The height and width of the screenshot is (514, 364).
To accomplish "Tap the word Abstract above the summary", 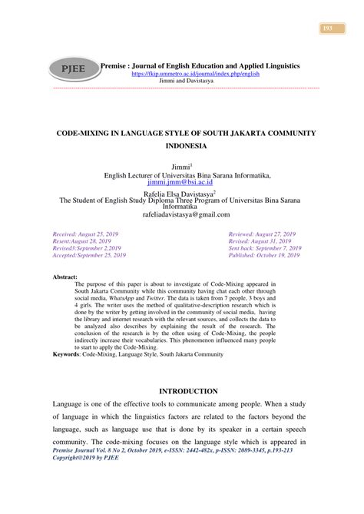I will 64,274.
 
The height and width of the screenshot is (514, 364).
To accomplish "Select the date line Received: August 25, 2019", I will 88,232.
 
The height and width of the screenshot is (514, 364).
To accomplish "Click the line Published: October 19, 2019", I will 266,255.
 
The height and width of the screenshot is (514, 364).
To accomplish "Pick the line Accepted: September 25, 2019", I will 89,255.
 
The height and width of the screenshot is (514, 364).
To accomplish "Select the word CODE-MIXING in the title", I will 77,133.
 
